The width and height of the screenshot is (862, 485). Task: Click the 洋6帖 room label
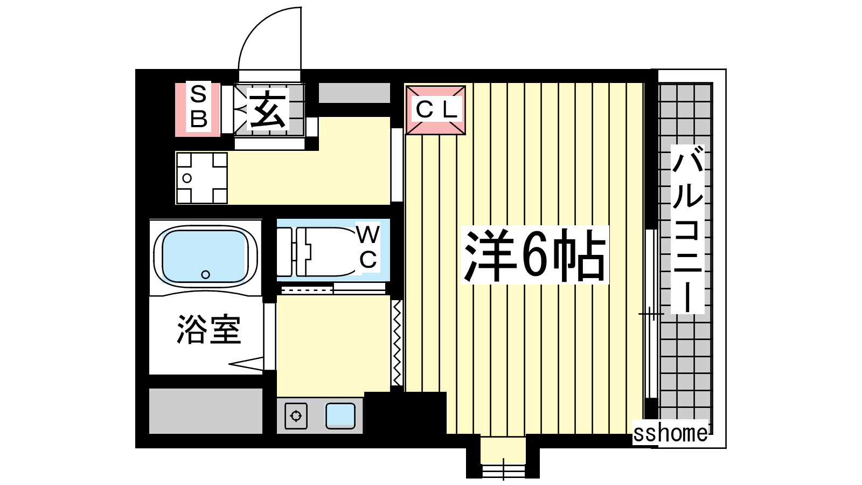(x=534, y=255)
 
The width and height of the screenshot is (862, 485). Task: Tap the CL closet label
(x=436, y=109)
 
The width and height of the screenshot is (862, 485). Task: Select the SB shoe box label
(x=199, y=107)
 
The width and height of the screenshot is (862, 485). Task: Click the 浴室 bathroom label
(x=209, y=329)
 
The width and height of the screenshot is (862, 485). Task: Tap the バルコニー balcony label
(x=687, y=230)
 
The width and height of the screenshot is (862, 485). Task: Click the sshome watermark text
(x=670, y=433)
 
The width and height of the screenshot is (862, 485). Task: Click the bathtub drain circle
(x=205, y=274)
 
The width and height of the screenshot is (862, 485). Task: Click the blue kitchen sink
(x=340, y=415)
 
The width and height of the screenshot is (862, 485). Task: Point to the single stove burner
(x=296, y=415)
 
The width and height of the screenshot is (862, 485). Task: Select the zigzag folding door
(x=397, y=343)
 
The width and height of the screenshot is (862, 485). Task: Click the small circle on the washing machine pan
(x=187, y=178)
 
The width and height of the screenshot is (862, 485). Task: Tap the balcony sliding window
(x=651, y=313)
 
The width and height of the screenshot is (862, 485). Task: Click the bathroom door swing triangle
(x=246, y=364)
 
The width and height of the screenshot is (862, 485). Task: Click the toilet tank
(x=285, y=252)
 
